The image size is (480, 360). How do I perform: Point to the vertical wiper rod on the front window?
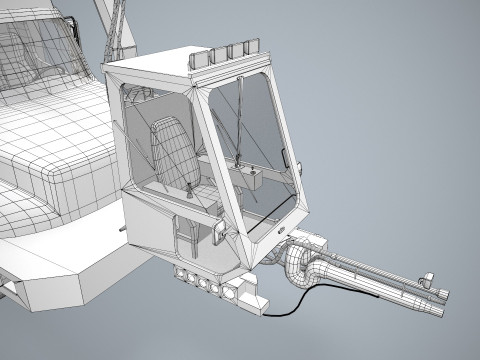click(x=240, y=120)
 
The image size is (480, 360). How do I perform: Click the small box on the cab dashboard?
click(x=256, y=178)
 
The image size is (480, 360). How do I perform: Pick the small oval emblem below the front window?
click(x=281, y=232)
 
